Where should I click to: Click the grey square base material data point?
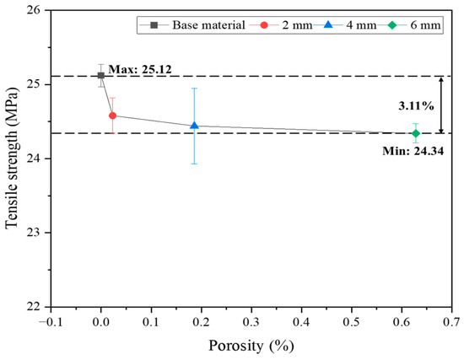(x=101, y=75)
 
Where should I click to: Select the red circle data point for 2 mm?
(x=112, y=116)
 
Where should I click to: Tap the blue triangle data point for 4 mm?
(x=194, y=126)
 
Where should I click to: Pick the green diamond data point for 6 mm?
(x=416, y=133)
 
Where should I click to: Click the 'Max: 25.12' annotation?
(x=140, y=69)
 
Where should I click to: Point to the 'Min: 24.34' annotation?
(x=413, y=151)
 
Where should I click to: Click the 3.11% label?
(x=416, y=105)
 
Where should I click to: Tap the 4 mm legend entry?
(x=345, y=25)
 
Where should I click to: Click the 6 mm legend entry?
(x=409, y=25)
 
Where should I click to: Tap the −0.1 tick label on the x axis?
(x=51, y=321)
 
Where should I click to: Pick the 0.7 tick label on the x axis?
(x=452, y=321)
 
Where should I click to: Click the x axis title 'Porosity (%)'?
(x=251, y=346)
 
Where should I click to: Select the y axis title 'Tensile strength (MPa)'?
(x=12, y=159)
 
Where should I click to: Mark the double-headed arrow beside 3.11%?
(x=441, y=105)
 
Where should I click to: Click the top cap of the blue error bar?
(x=194, y=89)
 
